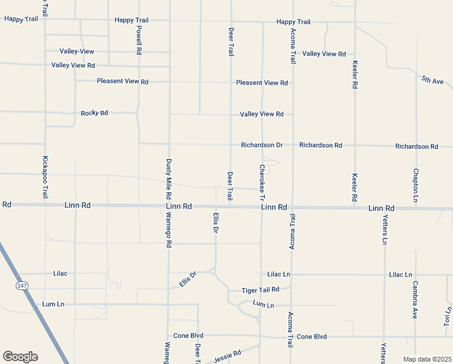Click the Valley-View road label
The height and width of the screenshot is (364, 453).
(x=77, y=52)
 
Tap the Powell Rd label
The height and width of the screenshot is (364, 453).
(x=139, y=40)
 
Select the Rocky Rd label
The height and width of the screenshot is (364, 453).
(x=94, y=113)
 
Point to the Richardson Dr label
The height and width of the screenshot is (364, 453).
(x=262, y=146)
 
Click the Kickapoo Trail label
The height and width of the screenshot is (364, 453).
(x=45, y=178)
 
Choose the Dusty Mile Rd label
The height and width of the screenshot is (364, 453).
(x=169, y=180)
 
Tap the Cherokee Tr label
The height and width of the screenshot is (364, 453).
(x=262, y=183)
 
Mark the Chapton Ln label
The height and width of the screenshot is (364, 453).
(x=416, y=186)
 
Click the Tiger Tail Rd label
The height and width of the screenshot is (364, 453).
(x=260, y=290)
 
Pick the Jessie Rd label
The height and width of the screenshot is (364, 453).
(x=228, y=355)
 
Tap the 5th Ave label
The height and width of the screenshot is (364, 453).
(x=433, y=80)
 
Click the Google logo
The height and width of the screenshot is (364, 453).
(x=20, y=357)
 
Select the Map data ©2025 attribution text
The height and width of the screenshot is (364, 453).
(x=427, y=359)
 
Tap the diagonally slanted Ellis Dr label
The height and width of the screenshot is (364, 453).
(x=188, y=280)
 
